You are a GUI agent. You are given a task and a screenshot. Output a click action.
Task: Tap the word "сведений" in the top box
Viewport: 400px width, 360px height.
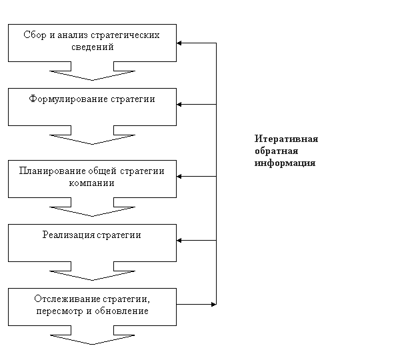[x=93, y=47]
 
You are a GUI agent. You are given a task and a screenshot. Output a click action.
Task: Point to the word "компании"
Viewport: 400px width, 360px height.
[x=91, y=183]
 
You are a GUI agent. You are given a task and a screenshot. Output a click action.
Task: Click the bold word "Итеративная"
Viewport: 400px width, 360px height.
[x=286, y=139]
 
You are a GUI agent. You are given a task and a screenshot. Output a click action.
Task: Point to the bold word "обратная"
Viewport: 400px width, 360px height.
[x=276, y=151]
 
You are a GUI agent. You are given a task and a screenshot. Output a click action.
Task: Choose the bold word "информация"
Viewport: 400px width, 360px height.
[x=285, y=163]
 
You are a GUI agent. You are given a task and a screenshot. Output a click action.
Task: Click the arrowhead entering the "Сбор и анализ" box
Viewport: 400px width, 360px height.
[x=179, y=43]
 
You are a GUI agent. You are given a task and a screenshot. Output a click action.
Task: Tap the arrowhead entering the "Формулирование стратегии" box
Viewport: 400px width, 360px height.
[x=179, y=105]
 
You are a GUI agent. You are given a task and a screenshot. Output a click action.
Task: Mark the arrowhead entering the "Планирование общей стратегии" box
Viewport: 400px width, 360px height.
[x=179, y=176]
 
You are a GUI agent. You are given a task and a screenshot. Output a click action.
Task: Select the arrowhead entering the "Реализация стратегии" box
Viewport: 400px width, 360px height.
[x=179, y=241]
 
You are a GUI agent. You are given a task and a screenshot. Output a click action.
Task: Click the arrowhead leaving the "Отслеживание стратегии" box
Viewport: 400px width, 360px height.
[x=214, y=304]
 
